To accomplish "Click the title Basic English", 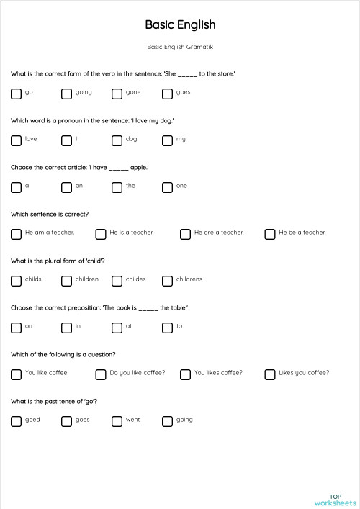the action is pyautogui.click(x=180, y=24).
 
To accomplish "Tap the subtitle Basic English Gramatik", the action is pyautogui.click(x=180, y=47).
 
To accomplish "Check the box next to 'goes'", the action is pyautogui.click(x=167, y=94).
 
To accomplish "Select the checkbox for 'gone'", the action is pyautogui.click(x=117, y=94).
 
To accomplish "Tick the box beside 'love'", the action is pyautogui.click(x=16, y=140).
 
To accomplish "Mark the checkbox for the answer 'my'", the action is pyautogui.click(x=167, y=140).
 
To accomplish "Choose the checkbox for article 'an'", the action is pyautogui.click(x=66, y=187).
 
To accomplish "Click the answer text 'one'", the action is pyautogui.click(x=181, y=186).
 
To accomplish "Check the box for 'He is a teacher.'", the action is pyautogui.click(x=100, y=234).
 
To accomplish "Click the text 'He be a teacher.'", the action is pyautogui.click(x=302, y=233).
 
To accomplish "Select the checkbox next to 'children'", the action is pyautogui.click(x=66, y=281).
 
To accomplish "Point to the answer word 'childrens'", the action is pyautogui.click(x=189, y=279).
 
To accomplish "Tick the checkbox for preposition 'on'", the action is pyautogui.click(x=16, y=328).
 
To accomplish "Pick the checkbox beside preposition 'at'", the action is pyautogui.click(x=117, y=328).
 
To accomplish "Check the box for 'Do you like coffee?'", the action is pyautogui.click(x=100, y=374).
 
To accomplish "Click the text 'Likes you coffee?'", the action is pyautogui.click(x=304, y=373).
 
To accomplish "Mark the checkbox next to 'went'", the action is pyautogui.click(x=117, y=421).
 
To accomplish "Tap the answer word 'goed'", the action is pyautogui.click(x=32, y=420).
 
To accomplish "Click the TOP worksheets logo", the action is pyautogui.click(x=335, y=500).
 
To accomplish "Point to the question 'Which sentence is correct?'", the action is pyautogui.click(x=50, y=214).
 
